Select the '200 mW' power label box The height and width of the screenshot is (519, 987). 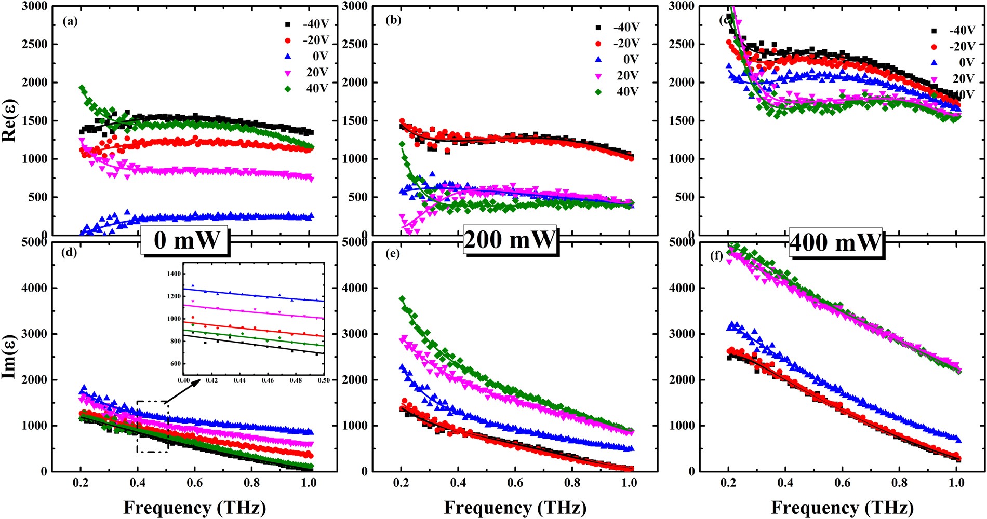(510, 240)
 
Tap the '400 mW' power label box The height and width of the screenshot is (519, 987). (835, 242)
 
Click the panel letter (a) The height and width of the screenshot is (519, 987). (70, 21)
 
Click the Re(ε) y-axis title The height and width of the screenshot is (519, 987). (9, 120)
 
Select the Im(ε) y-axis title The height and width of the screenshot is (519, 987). (9, 356)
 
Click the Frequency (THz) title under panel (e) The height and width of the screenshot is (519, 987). (515, 507)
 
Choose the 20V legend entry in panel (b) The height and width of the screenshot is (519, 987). (628, 75)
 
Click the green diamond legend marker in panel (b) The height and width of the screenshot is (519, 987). (598, 92)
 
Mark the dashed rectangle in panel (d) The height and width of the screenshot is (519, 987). (153, 427)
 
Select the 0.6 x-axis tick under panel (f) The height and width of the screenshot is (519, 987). (843, 483)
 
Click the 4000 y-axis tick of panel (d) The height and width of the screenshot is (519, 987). (34, 288)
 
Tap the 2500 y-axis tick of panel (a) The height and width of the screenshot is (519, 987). (34, 44)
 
